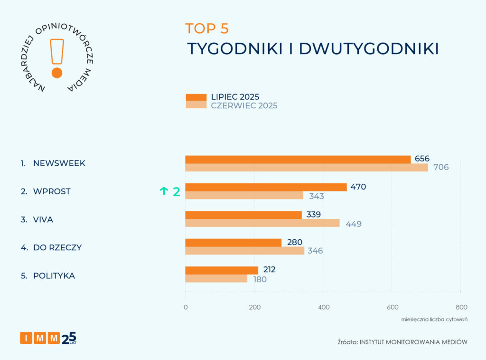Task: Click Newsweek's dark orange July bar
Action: click(x=298, y=160)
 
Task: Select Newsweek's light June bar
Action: click(x=306, y=167)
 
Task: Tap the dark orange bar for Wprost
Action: click(x=266, y=187)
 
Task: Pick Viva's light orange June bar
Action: click(x=262, y=223)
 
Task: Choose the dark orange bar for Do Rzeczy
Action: click(x=233, y=243)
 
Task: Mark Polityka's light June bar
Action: click(x=216, y=279)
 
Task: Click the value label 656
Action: click(x=422, y=159)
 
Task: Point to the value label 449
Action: click(x=354, y=224)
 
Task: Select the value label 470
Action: click(x=358, y=187)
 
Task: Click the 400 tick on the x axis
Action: click(x=324, y=307)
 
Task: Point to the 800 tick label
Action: click(x=461, y=307)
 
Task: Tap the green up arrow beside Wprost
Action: click(x=164, y=191)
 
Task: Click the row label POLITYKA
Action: click(x=54, y=275)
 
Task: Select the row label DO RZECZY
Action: click(x=57, y=247)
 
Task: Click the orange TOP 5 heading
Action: click(x=207, y=28)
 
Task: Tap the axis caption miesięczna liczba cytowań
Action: click(x=434, y=319)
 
